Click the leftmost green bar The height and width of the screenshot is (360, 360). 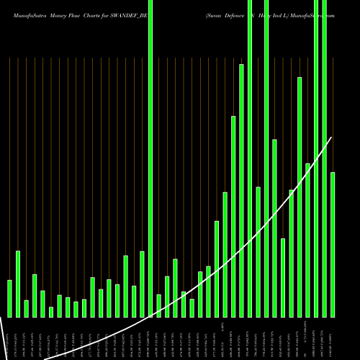coord(9,298)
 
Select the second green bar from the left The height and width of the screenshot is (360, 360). coord(18,284)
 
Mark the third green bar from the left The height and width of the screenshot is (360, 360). coord(26,308)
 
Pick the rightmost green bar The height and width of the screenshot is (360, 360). coord(333,245)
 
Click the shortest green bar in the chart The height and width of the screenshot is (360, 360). coord(51,312)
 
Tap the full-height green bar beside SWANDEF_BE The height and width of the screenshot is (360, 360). coord(150,158)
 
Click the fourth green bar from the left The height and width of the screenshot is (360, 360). coord(35,295)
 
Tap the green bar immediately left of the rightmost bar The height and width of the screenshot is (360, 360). coord(325,158)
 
